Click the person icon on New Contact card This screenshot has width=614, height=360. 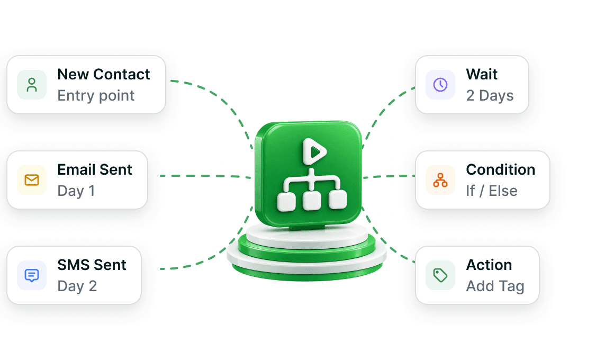click(32, 85)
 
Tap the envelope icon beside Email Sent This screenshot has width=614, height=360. click(32, 180)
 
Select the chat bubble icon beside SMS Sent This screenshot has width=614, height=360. click(32, 275)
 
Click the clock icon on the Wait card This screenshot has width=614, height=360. click(440, 85)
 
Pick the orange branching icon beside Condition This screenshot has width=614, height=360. click(440, 180)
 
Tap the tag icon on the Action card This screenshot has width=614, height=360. click(440, 275)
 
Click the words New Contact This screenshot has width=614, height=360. click(104, 75)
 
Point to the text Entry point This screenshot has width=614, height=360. click(96, 96)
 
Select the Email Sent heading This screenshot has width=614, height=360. click(95, 169)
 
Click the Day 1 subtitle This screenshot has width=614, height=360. click(76, 191)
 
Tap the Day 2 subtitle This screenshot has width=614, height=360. click(77, 286)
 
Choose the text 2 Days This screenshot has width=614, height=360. click(490, 96)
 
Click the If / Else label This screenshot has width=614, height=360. click(492, 191)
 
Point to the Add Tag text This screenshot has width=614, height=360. click(495, 286)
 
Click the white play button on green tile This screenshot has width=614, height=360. click(314, 151)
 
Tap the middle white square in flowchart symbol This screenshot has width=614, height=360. click(312, 201)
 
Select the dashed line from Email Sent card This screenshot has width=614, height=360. click(205, 176)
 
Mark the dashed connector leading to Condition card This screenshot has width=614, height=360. click(389, 177)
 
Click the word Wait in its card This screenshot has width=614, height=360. click(482, 75)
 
